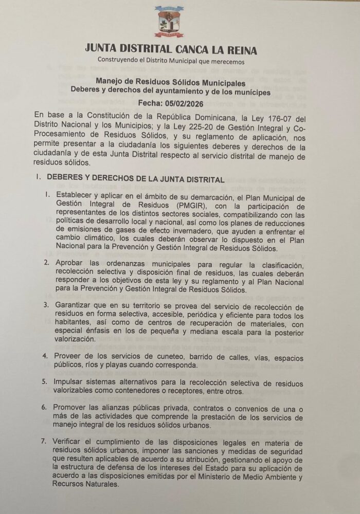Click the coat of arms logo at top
pos(171,22)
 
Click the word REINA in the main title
pos(238,50)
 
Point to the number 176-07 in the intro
pos(280,114)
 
